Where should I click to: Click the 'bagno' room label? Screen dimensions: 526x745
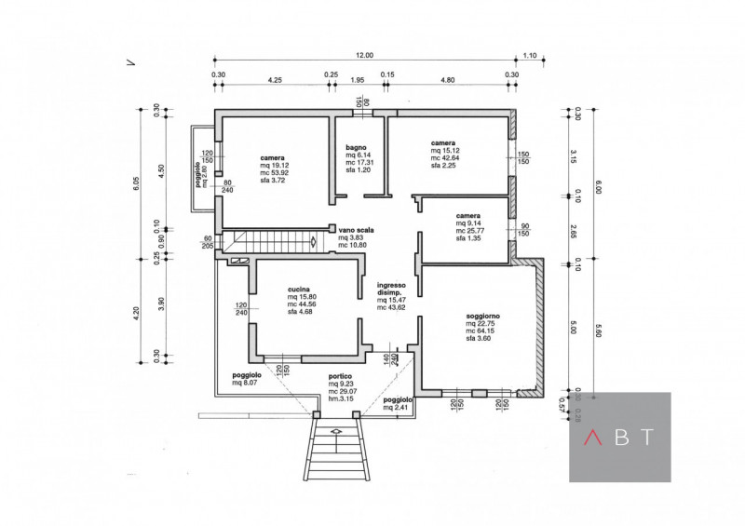click(x=356, y=147)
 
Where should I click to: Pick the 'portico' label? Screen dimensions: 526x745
click(x=340, y=377)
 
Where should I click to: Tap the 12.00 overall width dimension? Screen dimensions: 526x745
click(x=363, y=56)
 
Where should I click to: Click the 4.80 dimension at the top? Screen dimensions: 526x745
click(x=447, y=80)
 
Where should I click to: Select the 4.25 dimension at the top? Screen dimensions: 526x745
click(x=275, y=80)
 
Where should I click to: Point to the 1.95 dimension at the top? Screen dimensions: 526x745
click(x=357, y=80)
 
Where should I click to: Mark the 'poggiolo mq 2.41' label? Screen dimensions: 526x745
click(x=398, y=402)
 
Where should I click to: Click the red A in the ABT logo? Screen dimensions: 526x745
click(x=591, y=437)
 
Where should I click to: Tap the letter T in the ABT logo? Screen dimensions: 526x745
click(x=648, y=437)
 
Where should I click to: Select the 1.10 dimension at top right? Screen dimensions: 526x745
click(x=531, y=56)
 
